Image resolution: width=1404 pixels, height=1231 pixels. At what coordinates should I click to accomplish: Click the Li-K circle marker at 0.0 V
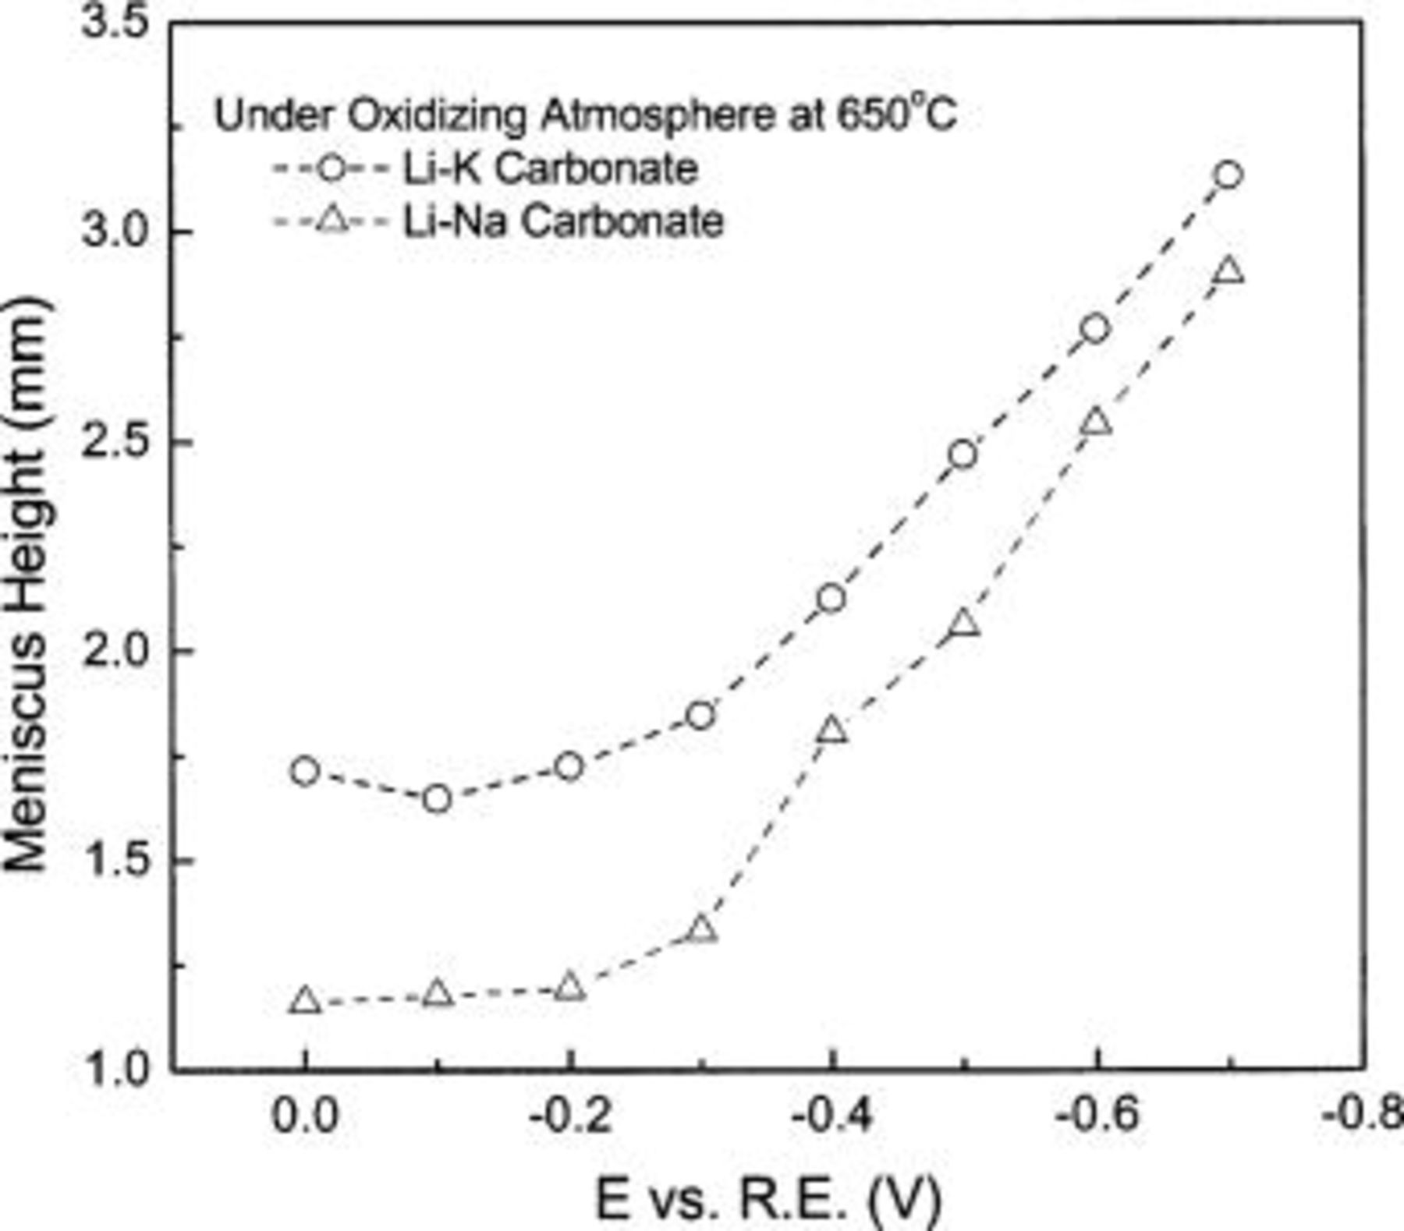click(305, 772)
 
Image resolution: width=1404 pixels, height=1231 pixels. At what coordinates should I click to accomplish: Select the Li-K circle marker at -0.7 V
click(1228, 175)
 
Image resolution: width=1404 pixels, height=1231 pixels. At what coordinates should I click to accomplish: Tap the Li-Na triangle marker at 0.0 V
click(305, 1000)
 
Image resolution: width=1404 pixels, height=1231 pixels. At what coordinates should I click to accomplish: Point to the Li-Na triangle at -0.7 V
click(1228, 271)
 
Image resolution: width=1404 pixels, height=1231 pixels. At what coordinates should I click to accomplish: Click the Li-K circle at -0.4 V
click(831, 599)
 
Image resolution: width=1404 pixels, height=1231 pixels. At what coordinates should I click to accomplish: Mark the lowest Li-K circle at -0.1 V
click(438, 799)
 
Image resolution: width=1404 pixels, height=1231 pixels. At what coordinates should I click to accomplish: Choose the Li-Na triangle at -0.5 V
click(964, 624)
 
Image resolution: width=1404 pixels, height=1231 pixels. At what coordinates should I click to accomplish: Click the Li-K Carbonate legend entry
click(549, 169)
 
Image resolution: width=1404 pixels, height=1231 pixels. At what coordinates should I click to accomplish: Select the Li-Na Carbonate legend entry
click(562, 221)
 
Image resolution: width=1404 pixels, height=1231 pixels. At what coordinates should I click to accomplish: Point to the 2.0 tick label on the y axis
click(115, 650)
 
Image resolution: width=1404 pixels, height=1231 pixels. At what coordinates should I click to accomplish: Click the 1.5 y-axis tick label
click(115, 860)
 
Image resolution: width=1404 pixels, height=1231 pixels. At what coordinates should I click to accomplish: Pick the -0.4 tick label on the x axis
click(831, 1116)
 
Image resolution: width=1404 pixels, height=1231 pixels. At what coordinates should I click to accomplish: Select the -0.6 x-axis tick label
click(1095, 1116)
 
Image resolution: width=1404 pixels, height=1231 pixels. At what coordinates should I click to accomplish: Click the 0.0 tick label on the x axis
click(305, 1116)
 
